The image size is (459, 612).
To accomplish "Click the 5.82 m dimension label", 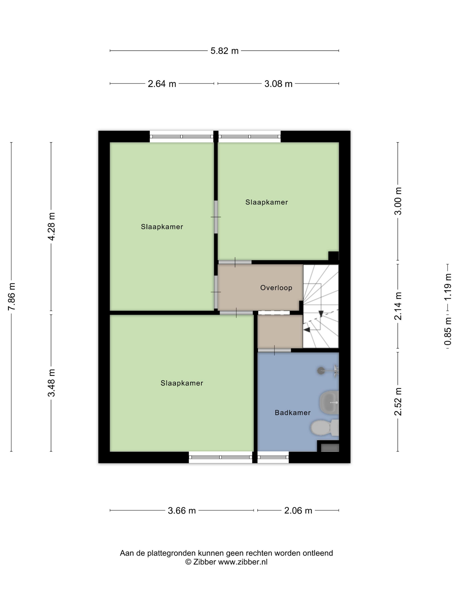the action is (x=224, y=51).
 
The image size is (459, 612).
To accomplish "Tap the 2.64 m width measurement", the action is (x=162, y=83).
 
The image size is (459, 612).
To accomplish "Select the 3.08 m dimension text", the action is (x=278, y=83).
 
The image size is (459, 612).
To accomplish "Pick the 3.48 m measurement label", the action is (x=51, y=383).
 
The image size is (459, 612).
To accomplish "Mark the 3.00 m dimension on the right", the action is (x=398, y=201).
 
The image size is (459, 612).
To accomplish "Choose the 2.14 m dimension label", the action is (x=398, y=306).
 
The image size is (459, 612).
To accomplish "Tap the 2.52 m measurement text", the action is (x=398, y=402).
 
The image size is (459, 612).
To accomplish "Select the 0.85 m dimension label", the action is (x=448, y=331).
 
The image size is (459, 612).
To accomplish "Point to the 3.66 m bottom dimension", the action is (x=182, y=510).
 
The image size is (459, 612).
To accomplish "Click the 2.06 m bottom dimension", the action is (x=298, y=510).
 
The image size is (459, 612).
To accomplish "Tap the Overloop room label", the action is (x=276, y=288).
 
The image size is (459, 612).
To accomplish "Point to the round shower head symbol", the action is (x=321, y=370).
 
